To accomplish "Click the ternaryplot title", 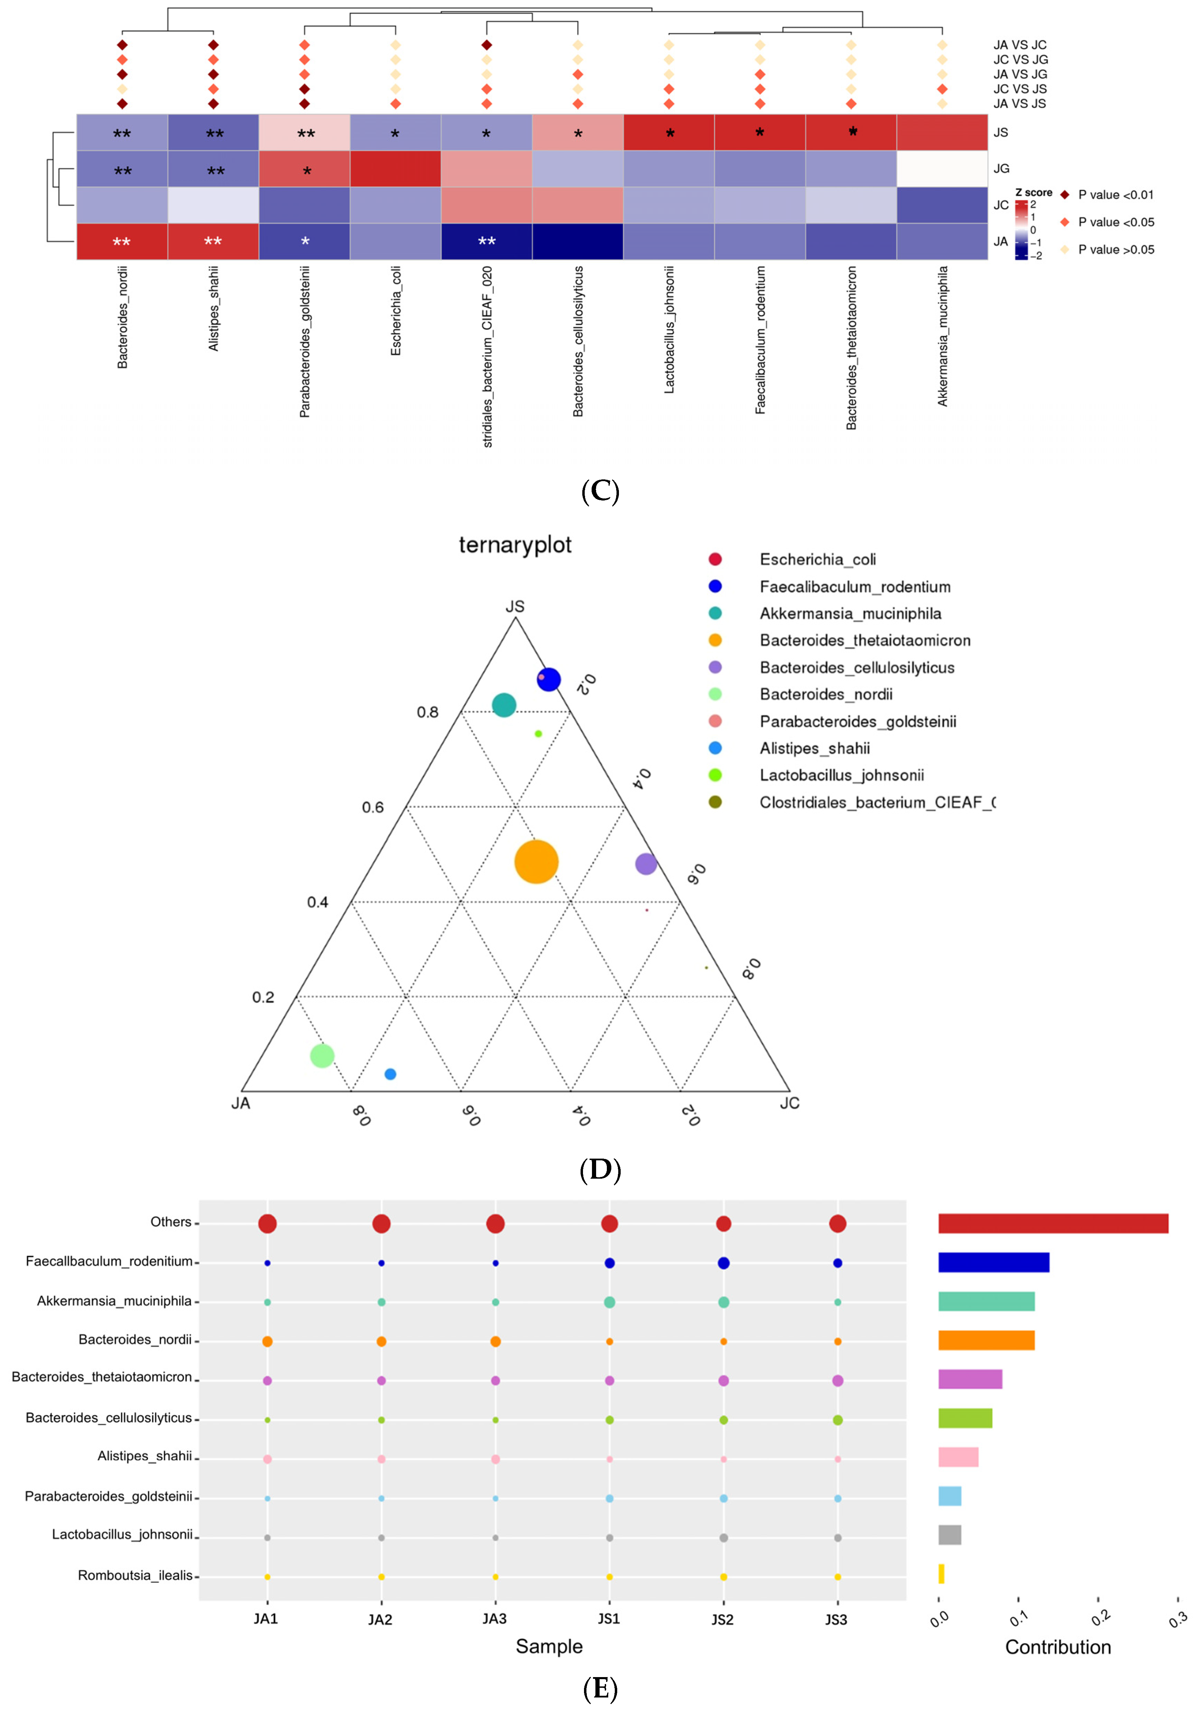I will click(x=515, y=545).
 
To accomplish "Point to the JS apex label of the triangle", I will click(x=515, y=606).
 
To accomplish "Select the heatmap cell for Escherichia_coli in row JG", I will click(x=395, y=169).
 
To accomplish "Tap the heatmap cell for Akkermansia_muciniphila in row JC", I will click(x=942, y=205).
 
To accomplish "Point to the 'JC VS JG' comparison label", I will click(x=1020, y=60).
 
